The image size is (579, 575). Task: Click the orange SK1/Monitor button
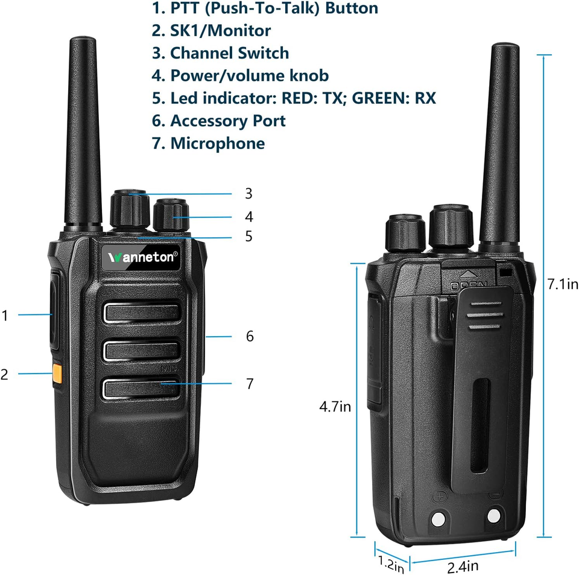[57, 373]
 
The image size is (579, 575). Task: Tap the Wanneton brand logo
[144, 256]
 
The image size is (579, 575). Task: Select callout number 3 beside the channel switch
[248, 194]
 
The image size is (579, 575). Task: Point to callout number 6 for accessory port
[250, 336]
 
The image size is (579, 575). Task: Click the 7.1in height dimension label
[563, 284]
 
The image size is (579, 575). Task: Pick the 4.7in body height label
[335, 407]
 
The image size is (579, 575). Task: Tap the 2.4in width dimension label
[463, 566]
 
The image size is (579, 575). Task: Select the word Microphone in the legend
[217, 144]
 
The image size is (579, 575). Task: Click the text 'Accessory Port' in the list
[227, 121]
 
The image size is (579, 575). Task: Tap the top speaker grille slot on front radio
[143, 312]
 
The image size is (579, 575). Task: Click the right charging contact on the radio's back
[494, 515]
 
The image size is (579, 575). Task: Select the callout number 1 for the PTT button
[5, 315]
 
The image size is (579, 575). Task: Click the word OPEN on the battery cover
[469, 285]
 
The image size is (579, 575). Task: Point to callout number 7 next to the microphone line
[250, 383]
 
